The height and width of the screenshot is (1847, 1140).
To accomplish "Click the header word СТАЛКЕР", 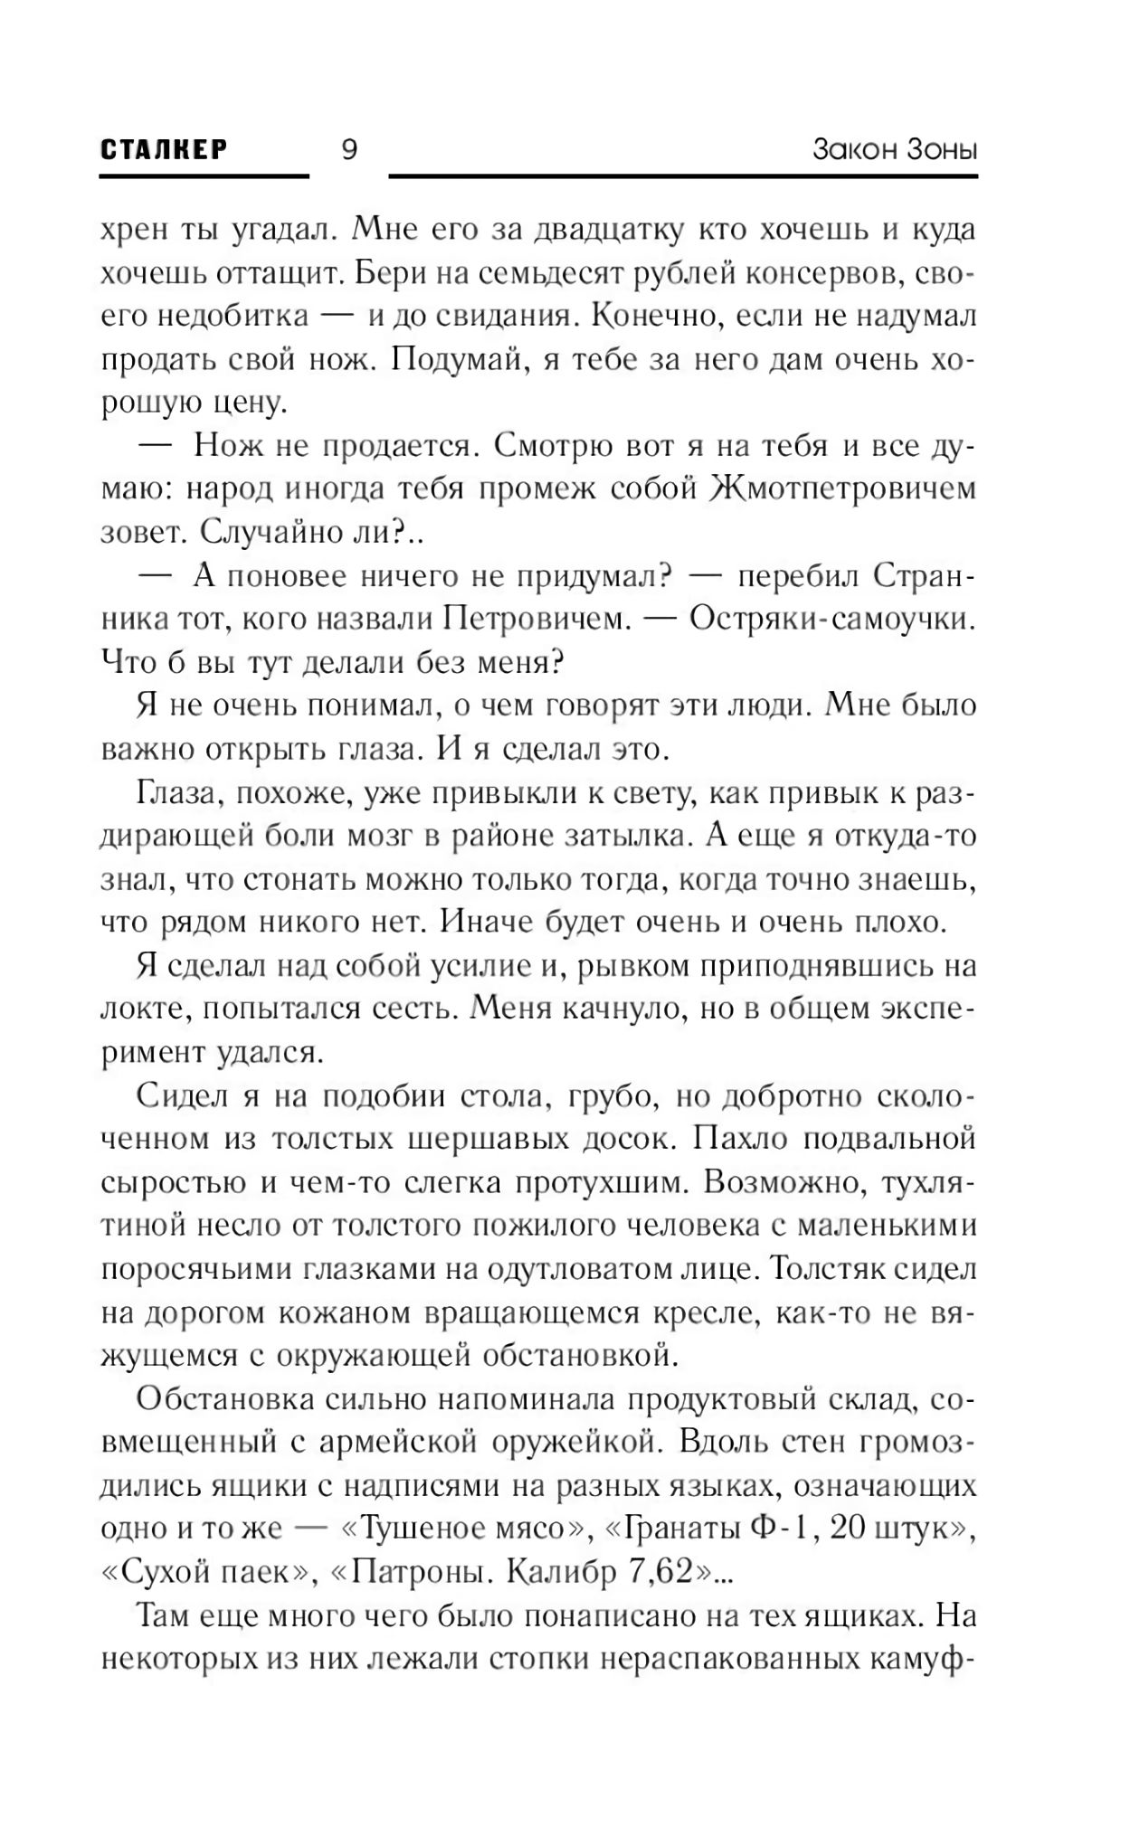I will click(x=164, y=149).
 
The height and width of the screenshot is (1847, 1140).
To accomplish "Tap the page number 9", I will click(x=349, y=149).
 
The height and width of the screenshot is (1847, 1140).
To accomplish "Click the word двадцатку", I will click(x=607, y=231).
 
